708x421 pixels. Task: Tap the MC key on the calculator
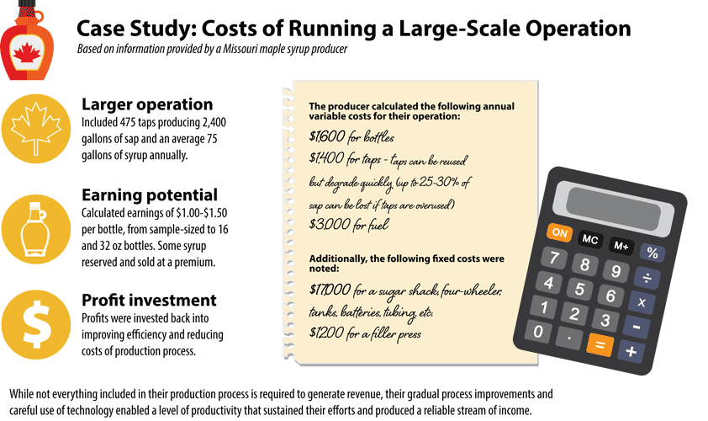[590, 240]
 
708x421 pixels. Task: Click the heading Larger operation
[146, 104]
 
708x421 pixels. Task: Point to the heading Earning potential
[150, 194]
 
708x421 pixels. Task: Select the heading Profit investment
[149, 300]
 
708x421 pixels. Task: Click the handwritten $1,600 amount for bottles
[325, 136]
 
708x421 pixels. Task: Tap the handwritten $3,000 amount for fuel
[327, 225]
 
